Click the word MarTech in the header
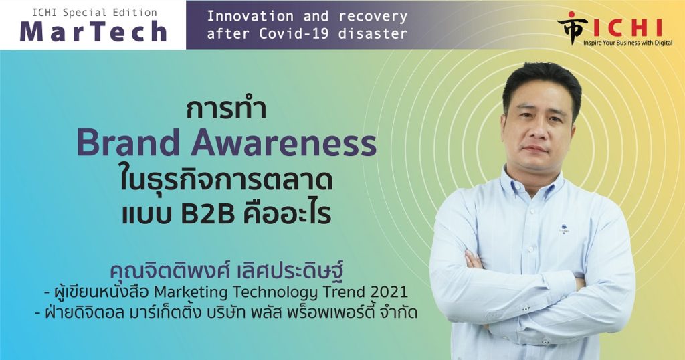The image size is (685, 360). point(93,31)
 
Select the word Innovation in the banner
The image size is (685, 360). point(250,17)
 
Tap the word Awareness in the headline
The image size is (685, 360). point(284,143)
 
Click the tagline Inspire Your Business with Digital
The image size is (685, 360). point(627,43)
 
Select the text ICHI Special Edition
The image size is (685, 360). point(94,13)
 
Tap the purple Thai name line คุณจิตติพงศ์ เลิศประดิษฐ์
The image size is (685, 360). point(227,270)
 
